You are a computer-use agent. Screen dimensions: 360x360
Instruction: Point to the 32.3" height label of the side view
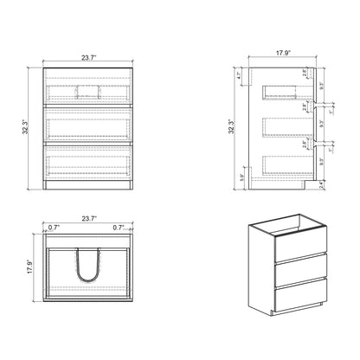tap(230, 127)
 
